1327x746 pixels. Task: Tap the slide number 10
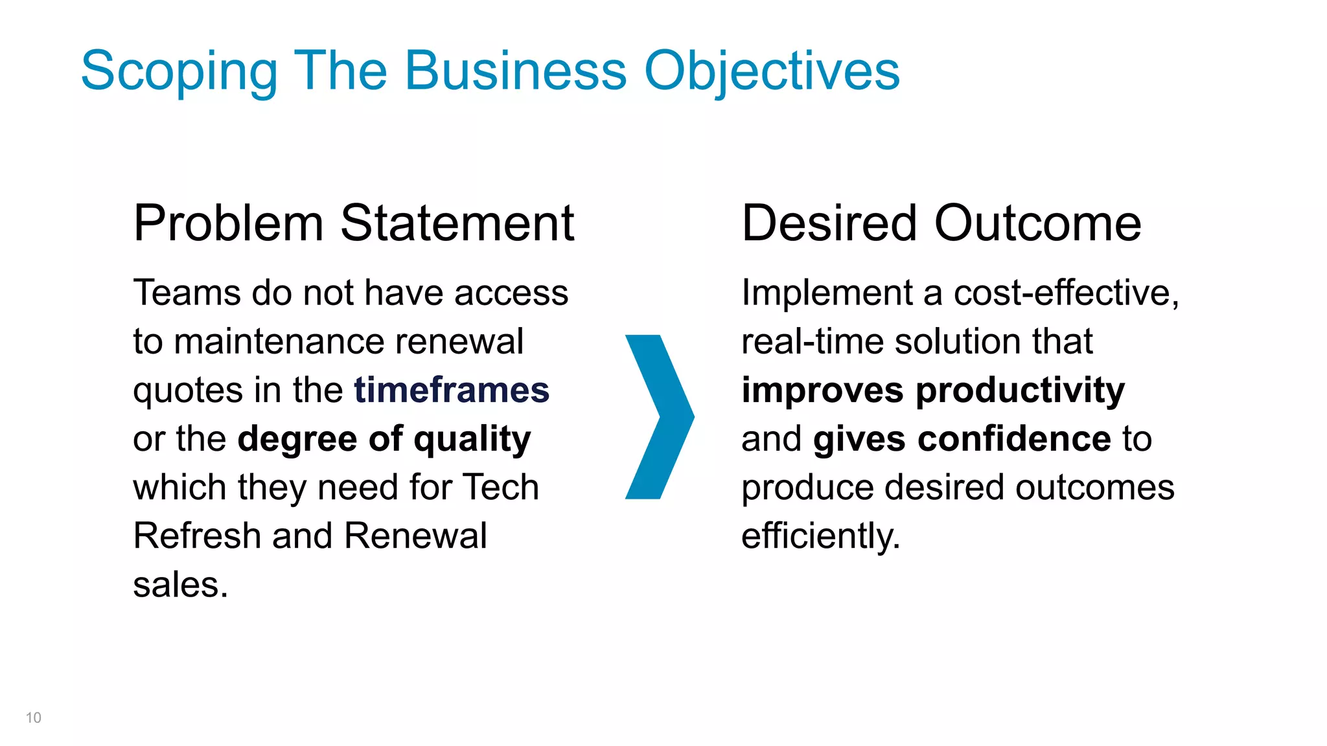34,718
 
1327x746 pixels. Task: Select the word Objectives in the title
771,71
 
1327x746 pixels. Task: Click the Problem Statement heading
353,223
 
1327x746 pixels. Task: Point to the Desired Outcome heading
941,223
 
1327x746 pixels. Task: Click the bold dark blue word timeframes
452,390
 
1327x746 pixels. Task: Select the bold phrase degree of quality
384,440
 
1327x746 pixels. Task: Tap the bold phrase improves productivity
933,390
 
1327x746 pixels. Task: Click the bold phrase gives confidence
962,439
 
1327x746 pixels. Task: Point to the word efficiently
820,536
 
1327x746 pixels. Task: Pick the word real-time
812,342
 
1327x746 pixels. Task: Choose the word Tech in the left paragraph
502,488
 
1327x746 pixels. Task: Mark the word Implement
826,293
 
